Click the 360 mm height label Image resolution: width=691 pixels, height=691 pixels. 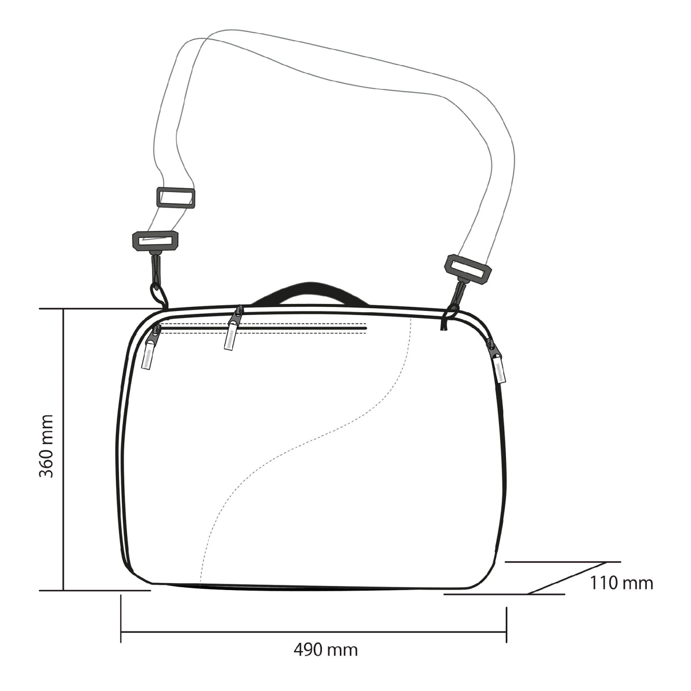[x=46, y=446]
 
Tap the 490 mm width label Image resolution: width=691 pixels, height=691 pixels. [x=326, y=650]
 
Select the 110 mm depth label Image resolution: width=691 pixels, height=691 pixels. [x=622, y=583]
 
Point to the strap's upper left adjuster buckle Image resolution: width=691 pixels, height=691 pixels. [x=176, y=198]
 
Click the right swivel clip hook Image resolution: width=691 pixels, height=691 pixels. [x=456, y=298]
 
